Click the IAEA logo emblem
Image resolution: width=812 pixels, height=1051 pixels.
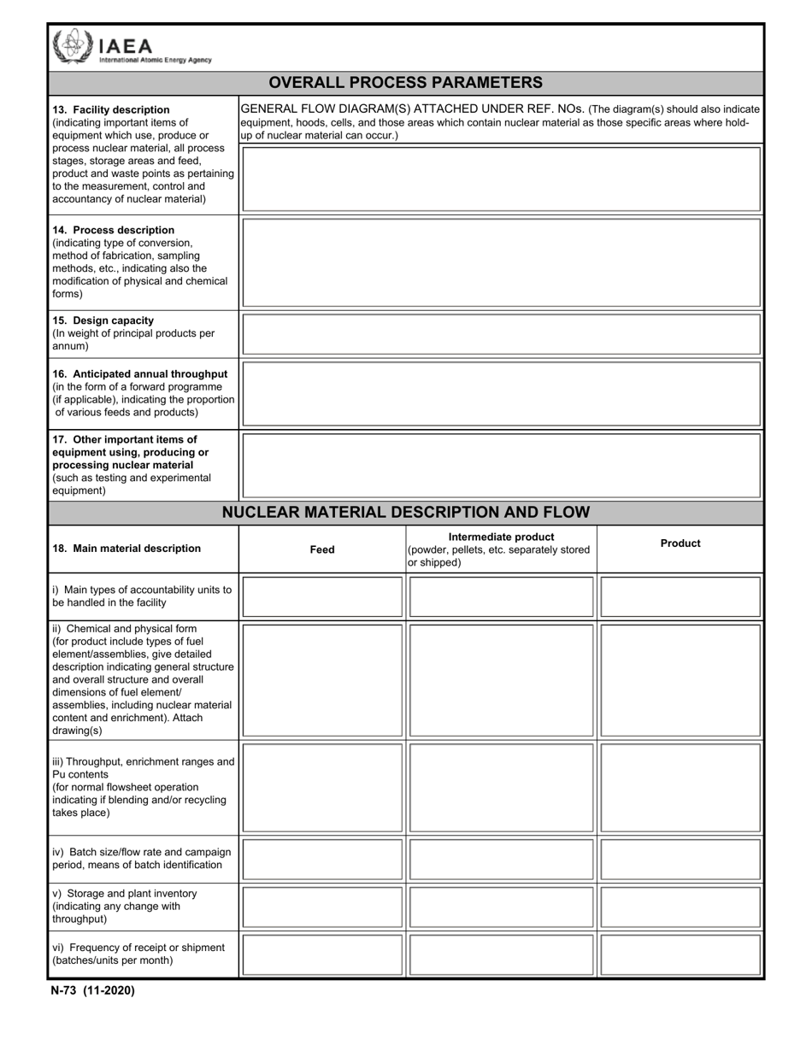tap(72, 46)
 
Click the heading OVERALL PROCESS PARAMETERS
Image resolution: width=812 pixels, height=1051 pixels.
tap(405, 83)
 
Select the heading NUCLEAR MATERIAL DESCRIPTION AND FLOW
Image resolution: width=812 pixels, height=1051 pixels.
tap(405, 513)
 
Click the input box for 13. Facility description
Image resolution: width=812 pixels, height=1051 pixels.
tap(501, 179)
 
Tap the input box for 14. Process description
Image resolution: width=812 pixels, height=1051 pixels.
tap(501, 262)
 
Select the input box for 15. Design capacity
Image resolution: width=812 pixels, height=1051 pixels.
tap(501, 334)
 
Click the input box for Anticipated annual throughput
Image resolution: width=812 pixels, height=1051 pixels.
tap(501, 394)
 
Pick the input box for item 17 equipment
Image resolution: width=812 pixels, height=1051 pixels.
tap(501, 465)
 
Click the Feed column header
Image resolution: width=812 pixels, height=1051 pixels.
tap(322, 549)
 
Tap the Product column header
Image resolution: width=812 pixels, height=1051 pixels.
tap(680, 543)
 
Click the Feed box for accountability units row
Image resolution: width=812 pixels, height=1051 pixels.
tap(322, 596)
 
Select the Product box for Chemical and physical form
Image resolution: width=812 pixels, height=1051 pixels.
tap(680, 680)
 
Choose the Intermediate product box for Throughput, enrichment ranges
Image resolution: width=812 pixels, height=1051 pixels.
tap(501, 788)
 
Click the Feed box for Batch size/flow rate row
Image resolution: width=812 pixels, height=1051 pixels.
tap(322, 859)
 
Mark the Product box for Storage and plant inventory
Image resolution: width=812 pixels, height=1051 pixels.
tap(680, 907)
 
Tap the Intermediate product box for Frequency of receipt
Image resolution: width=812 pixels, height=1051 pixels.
tap(501, 954)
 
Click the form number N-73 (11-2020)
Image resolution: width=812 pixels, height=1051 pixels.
tap(92, 991)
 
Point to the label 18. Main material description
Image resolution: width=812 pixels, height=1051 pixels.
tap(127, 549)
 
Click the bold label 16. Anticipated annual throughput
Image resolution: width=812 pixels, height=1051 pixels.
tap(140, 374)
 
